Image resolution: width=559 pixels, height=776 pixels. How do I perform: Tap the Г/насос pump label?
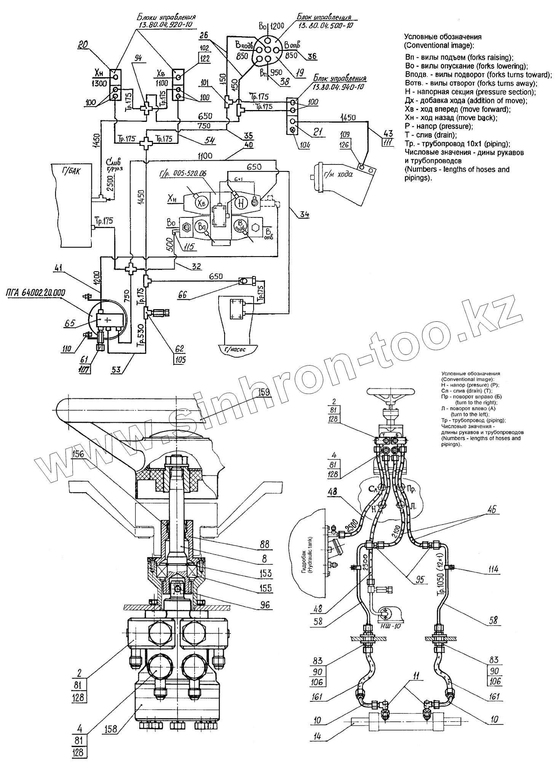[236, 348]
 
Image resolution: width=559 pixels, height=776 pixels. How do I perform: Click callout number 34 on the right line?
[304, 214]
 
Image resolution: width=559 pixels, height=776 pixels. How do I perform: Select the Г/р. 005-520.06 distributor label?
[188, 173]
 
